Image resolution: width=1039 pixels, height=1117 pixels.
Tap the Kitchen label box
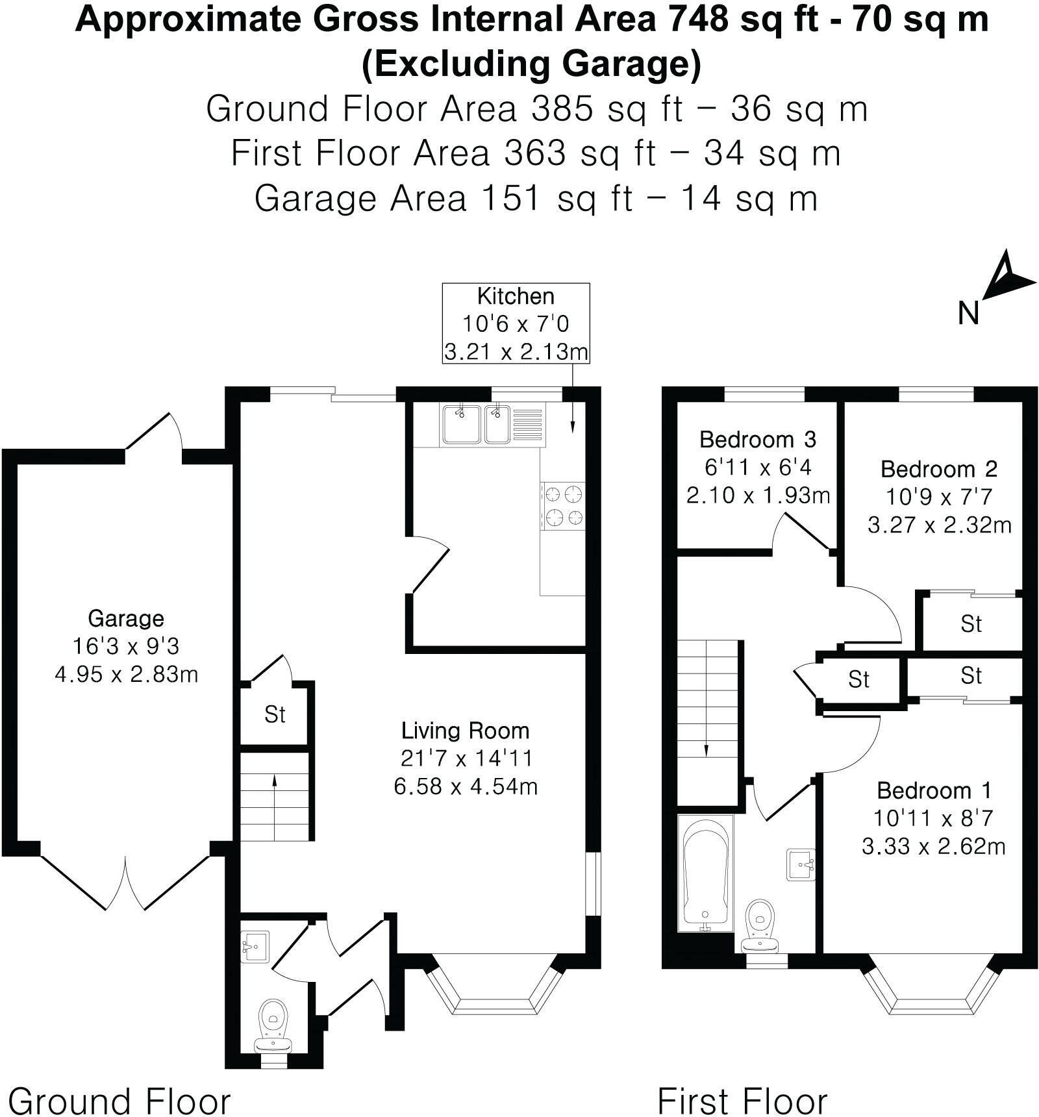[x=516, y=323]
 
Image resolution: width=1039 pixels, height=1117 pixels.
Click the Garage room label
[x=126, y=618]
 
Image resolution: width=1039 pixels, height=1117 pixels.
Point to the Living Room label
[x=465, y=731]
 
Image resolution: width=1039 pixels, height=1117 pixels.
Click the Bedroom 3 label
[x=757, y=440]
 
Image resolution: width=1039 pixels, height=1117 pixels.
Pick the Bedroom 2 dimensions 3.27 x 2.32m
[x=939, y=525]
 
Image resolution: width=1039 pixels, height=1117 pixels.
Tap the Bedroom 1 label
[x=934, y=790]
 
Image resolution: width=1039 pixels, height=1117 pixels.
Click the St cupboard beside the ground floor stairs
[x=275, y=714]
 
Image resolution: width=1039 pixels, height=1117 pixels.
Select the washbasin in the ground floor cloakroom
[x=254, y=947]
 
